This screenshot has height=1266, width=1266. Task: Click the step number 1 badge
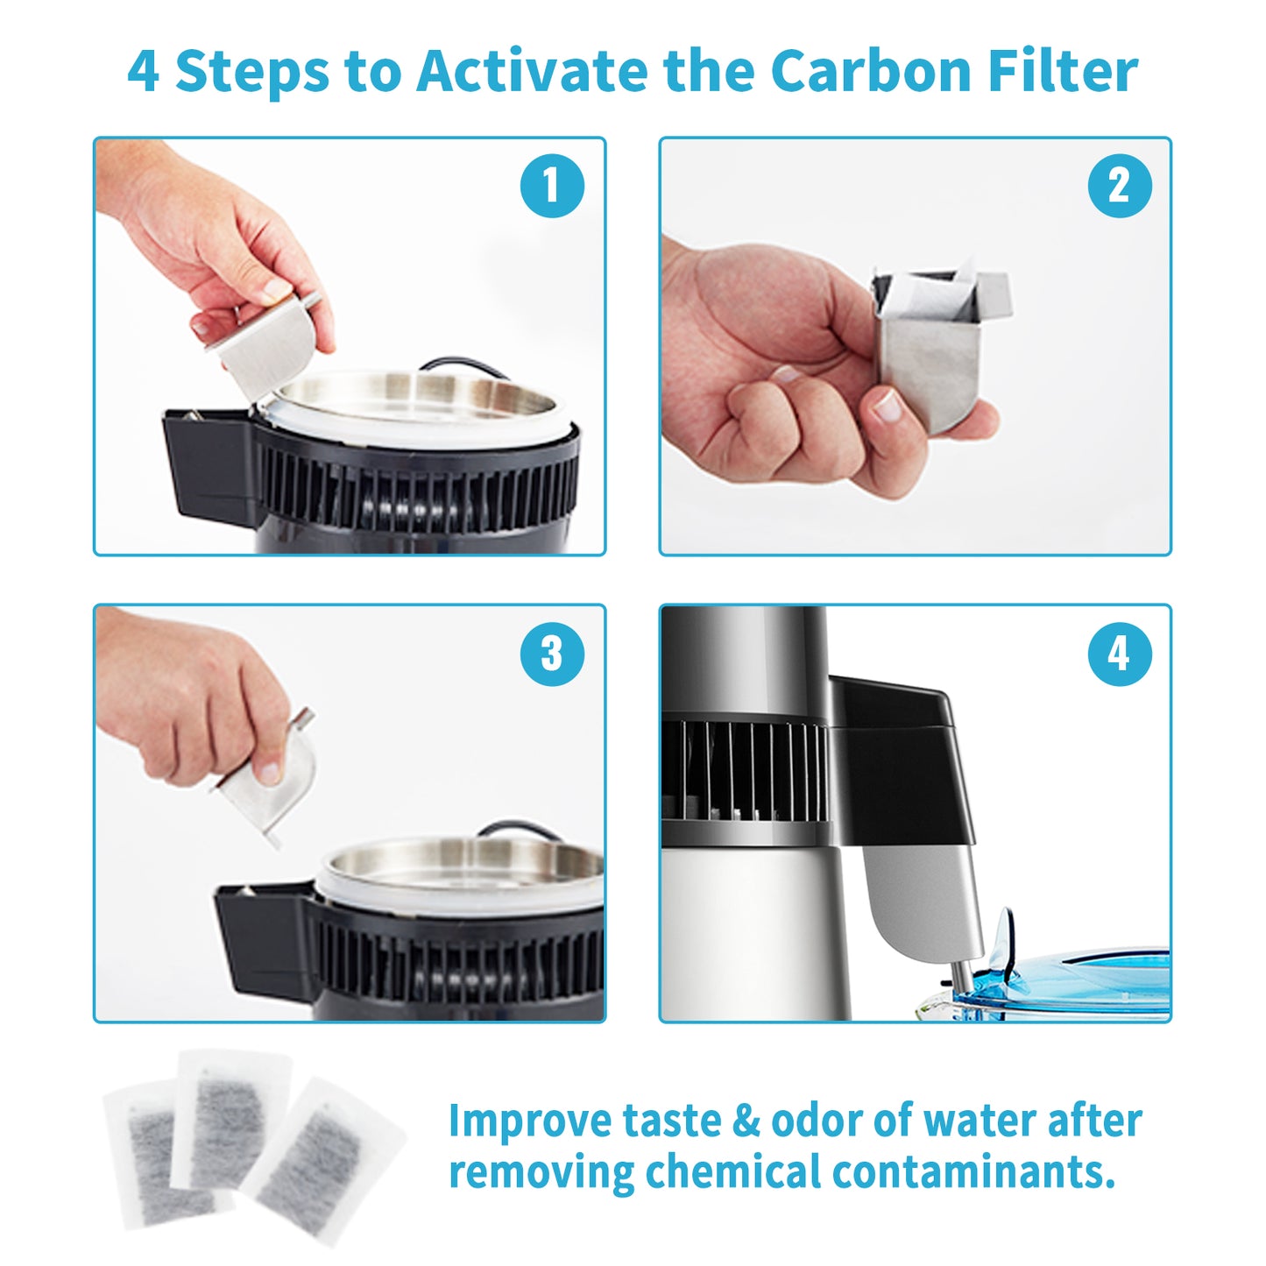tap(552, 186)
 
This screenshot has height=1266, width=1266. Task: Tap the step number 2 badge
tap(1119, 186)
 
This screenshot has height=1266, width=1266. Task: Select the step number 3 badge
tap(552, 654)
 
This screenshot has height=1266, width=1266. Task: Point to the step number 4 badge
tap(1119, 654)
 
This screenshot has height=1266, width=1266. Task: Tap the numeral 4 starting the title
tap(143, 72)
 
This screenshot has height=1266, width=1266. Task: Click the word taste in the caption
tap(670, 1121)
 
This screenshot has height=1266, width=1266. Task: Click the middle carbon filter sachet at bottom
tap(229, 1117)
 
